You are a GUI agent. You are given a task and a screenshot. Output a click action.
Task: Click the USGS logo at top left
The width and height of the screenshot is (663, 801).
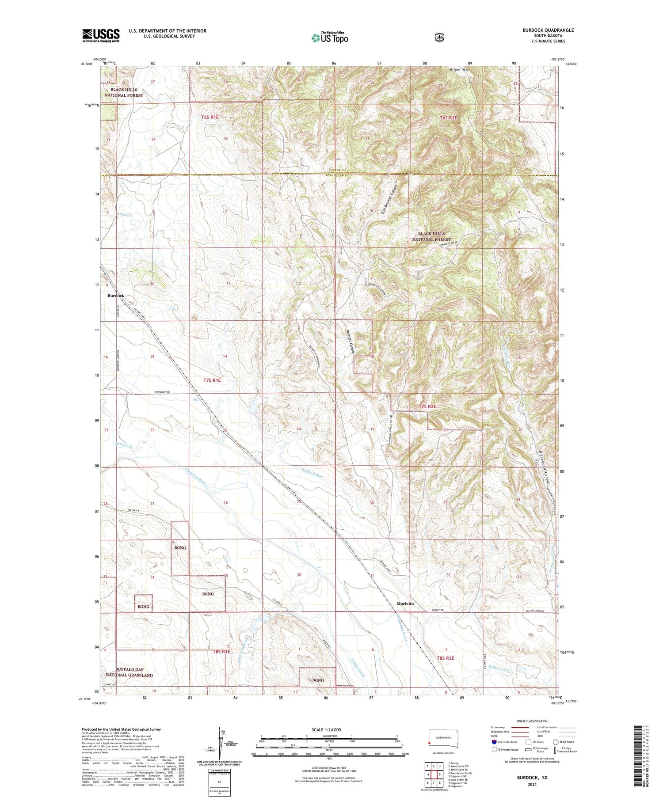pos(101,35)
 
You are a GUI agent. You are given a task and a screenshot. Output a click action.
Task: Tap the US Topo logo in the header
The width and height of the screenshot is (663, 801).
pos(330,38)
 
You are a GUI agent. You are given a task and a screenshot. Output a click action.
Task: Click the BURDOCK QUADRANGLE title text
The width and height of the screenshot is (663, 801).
pos(548,30)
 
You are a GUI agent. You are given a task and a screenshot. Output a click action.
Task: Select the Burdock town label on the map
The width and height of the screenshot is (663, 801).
pos(116,296)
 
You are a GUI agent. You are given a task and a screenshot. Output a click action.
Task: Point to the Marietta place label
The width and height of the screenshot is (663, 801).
pos(405,604)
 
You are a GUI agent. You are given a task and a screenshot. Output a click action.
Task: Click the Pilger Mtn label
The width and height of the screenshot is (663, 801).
pos(460,70)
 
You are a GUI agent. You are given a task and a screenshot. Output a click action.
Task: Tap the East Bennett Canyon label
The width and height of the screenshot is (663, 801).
pos(389,200)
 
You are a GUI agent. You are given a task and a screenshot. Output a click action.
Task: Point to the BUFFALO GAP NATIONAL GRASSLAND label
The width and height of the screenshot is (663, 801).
pos(129,672)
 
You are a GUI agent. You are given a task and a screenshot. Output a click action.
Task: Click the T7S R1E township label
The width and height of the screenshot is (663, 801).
pos(212,380)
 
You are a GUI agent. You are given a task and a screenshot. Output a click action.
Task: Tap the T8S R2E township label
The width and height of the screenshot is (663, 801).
pos(446,658)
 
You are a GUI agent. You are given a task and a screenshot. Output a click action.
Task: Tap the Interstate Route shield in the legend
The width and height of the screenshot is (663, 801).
pos(494,742)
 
